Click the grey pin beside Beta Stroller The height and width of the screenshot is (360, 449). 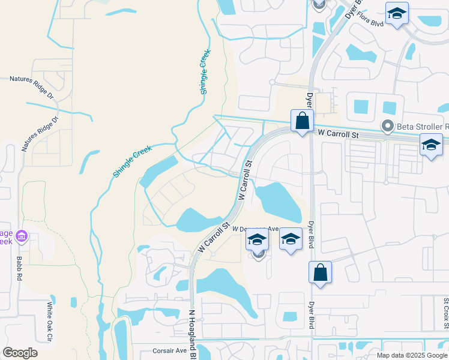pos(388,127)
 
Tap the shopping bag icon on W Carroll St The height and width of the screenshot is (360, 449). pos(302,121)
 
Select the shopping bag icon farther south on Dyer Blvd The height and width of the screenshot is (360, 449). pos(321,272)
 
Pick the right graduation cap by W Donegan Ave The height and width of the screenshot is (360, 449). pos(291,239)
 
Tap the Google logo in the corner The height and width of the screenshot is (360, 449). pos(20,353)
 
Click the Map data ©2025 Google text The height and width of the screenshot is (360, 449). pos(411,355)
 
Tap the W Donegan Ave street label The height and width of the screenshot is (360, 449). pos(257,229)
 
